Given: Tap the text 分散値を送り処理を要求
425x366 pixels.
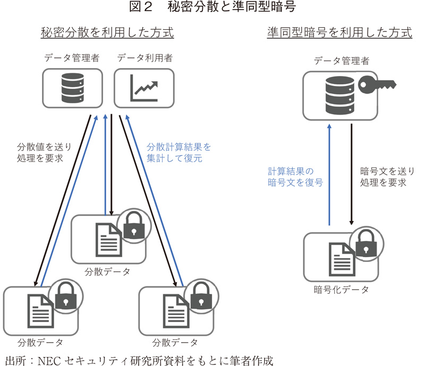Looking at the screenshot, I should (x=44, y=151).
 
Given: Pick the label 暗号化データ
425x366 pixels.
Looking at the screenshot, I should (x=341, y=290).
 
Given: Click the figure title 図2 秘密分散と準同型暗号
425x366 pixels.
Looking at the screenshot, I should (x=212, y=7).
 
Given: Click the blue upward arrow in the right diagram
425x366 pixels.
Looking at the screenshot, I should (x=330, y=175).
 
